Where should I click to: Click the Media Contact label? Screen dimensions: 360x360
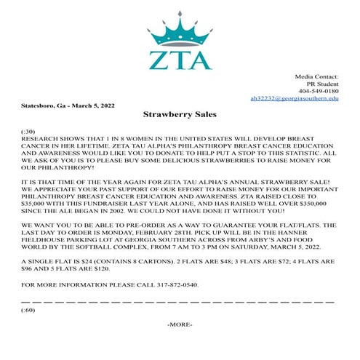[x=316, y=76]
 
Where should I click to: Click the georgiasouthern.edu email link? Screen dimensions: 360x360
[x=294, y=97]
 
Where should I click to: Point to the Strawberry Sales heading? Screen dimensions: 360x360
[x=180, y=114]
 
